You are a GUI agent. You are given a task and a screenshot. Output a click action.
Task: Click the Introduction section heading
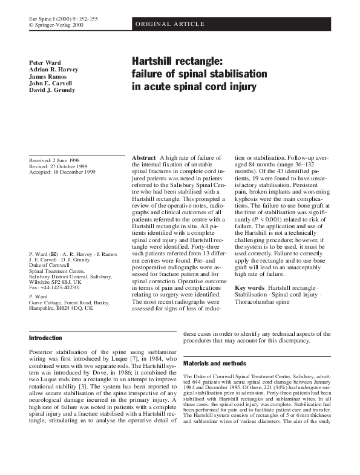[46, 338]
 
